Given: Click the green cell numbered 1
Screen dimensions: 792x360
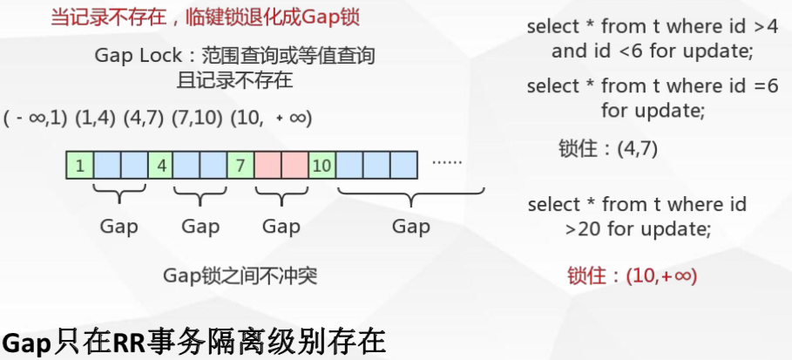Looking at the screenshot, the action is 79,164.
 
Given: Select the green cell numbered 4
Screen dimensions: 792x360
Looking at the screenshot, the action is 160,164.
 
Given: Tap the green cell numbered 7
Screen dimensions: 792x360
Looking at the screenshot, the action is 240,164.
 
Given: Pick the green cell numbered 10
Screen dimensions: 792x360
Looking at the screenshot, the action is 322,164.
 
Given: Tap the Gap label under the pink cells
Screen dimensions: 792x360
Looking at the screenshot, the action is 281,227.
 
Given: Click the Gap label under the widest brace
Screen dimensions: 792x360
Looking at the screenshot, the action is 410,227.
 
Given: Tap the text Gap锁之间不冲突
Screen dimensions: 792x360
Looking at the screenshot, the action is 240,276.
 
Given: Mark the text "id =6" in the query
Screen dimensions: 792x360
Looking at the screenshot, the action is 750,86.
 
